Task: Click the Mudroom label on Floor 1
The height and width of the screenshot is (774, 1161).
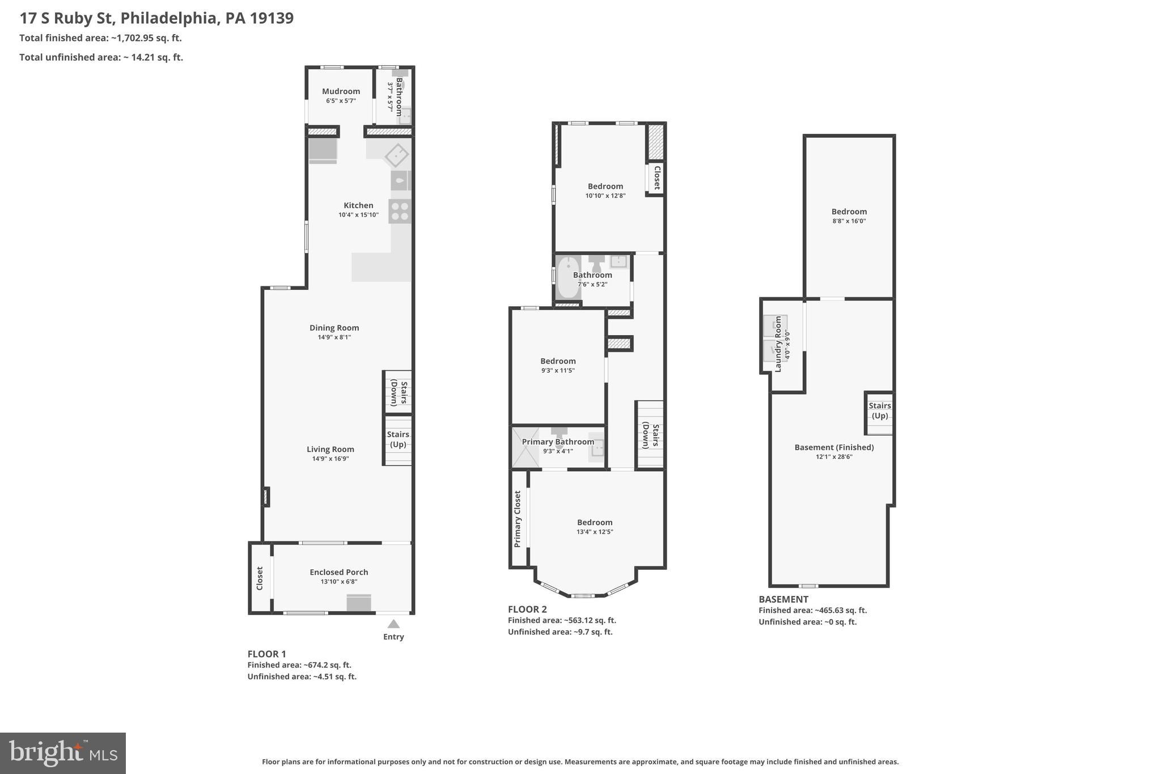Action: pyautogui.click(x=341, y=91)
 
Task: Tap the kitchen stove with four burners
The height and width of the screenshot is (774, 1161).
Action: pyautogui.click(x=400, y=212)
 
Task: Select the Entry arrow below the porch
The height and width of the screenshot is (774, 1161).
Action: pyautogui.click(x=393, y=624)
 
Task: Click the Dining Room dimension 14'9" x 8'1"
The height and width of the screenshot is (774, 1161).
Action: pyautogui.click(x=334, y=337)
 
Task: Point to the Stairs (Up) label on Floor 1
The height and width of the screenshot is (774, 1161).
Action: pyautogui.click(x=398, y=439)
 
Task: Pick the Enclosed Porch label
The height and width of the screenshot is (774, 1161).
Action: pyautogui.click(x=338, y=572)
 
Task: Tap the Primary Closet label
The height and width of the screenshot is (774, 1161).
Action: pyautogui.click(x=518, y=519)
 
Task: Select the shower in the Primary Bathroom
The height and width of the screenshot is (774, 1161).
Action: pyautogui.click(x=526, y=448)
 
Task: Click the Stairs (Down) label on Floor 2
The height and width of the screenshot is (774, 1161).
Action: pyautogui.click(x=651, y=436)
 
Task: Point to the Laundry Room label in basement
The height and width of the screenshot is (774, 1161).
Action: pyautogui.click(x=778, y=344)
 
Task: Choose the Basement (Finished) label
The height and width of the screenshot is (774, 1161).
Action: pyautogui.click(x=834, y=447)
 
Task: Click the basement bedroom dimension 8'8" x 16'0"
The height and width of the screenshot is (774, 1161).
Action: pyautogui.click(x=849, y=222)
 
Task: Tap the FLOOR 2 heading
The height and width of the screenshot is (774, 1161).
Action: pyautogui.click(x=527, y=610)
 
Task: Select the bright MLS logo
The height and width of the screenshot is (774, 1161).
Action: pyautogui.click(x=63, y=753)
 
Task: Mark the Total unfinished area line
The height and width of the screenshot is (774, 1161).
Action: pyautogui.click(x=101, y=57)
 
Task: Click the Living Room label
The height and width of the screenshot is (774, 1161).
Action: pyautogui.click(x=330, y=449)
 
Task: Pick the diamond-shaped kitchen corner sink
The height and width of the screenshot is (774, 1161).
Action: pyautogui.click(x=397, y=155)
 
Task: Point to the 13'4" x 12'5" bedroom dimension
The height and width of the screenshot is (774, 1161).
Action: pyautogui.click(x=595, y=532)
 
